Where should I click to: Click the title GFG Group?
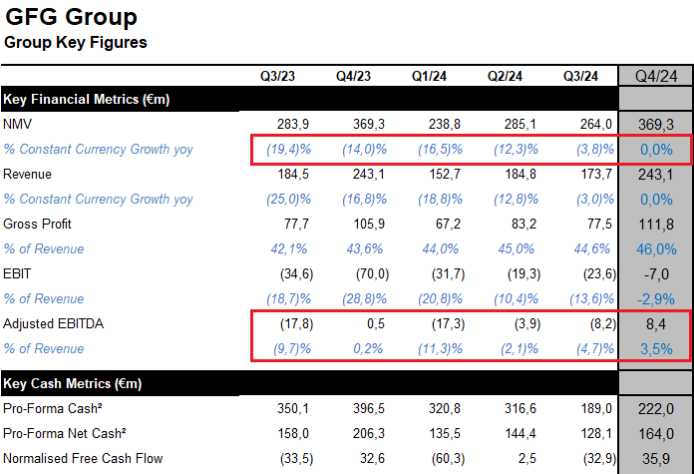click(72, 17)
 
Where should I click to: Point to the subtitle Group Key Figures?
click(76, 42)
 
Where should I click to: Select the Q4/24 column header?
click(656, 76)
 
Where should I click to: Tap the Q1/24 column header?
click(430, 76)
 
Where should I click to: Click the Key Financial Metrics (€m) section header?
click(87, 99)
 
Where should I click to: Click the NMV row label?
click(19, 124)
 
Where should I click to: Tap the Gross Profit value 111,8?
click(656, 224)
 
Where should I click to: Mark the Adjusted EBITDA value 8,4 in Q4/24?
click(656, 323)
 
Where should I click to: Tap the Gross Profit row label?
click(38, 224)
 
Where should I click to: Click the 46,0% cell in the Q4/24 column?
click(656, 248)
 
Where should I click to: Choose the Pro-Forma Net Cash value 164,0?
click(656, 434)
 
